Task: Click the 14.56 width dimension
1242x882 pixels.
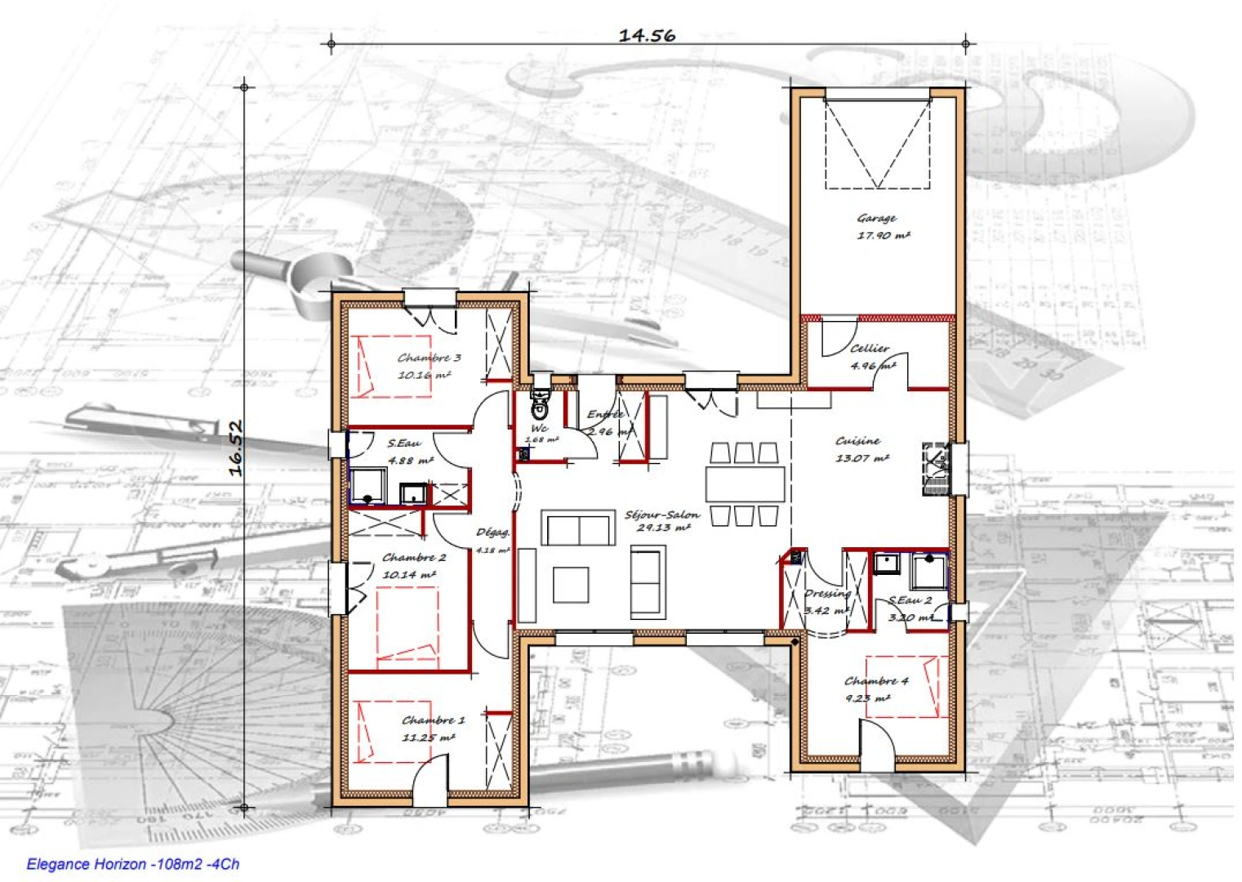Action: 647,35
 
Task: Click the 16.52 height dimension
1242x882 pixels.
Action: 236,448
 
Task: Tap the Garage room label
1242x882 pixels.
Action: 877,218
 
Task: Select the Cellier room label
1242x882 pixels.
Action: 870,348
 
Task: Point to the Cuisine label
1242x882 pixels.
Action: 857,441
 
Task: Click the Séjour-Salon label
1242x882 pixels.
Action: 661,514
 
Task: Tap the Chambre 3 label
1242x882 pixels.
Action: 430,358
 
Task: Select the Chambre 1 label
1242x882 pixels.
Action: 433,720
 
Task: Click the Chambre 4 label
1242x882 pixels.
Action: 876,680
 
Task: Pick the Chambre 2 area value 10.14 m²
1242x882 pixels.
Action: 409,574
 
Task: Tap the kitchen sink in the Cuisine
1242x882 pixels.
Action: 935,469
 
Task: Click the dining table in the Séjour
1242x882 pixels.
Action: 745,483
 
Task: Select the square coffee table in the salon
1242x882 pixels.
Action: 570,585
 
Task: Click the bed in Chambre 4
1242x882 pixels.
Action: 902,686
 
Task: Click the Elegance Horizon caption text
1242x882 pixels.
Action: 133,864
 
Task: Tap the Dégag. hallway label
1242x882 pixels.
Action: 492,532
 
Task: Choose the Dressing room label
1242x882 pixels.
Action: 826,594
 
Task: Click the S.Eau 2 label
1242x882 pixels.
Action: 910,601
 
